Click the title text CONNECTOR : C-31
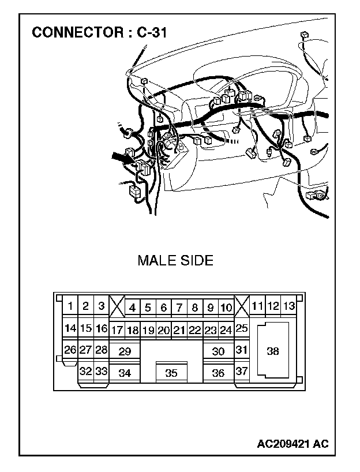(99, 32)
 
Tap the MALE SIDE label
(175, 261)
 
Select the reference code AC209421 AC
(293, 444)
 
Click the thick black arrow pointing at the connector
(119, 156)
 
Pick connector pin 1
(70, 306)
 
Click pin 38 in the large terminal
(273, 350)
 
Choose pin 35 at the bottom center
(171, 373)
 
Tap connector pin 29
(125, 351)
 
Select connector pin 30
(218, 351)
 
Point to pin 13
(289, 306)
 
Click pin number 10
(226, 308)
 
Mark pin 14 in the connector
(70, 329)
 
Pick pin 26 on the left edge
(70, 350)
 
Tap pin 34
(125, 373)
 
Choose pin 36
(218, 373)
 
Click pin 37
(242, 371)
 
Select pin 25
(242, 328)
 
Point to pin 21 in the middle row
(179, 331)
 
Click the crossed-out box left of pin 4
(117, 306)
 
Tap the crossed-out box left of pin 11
(242, 306)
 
